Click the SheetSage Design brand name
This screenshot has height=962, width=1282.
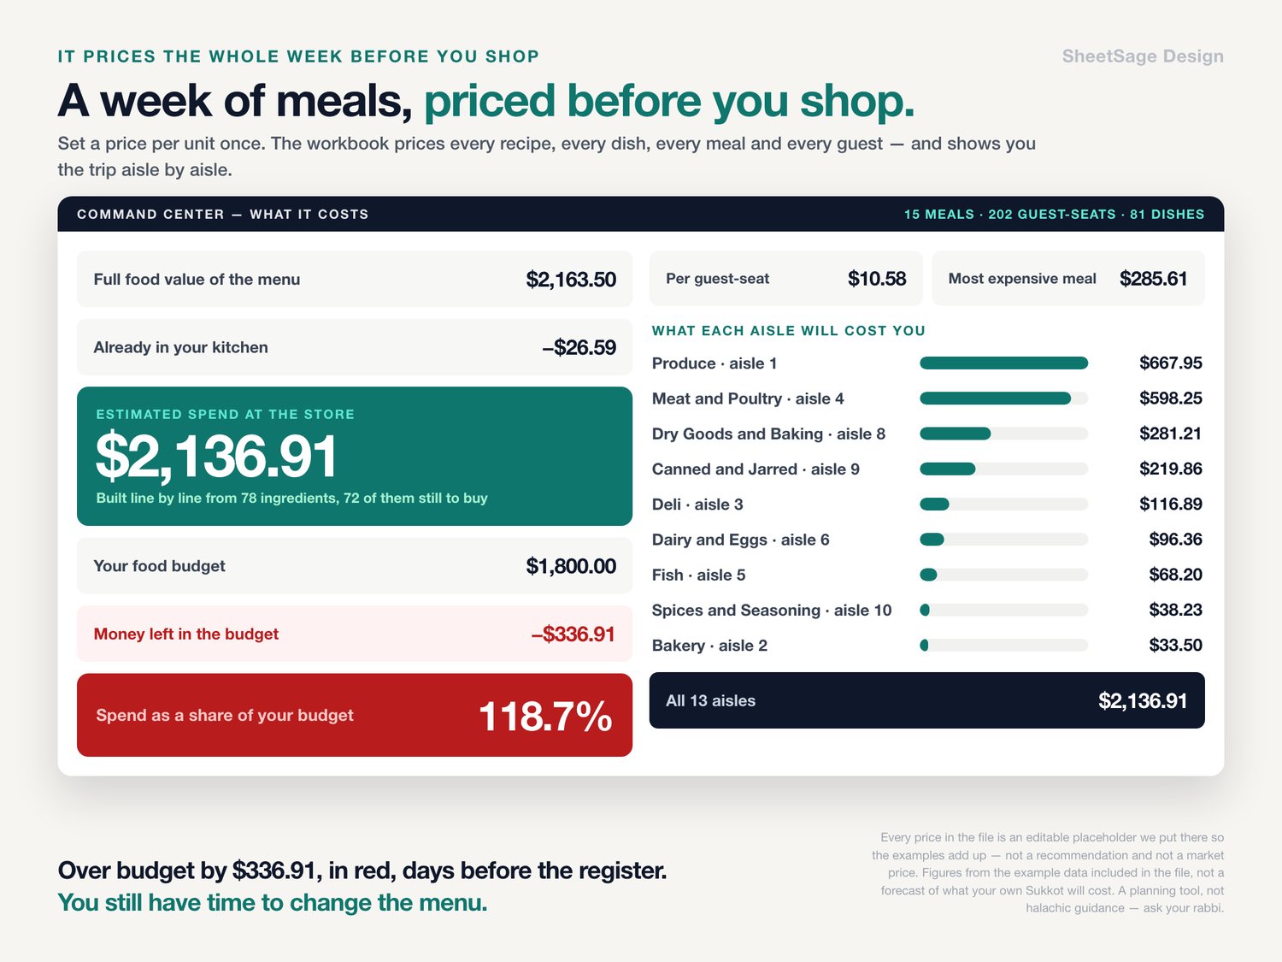tap(1143, 56)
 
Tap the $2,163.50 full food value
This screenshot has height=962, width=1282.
tap(571, 280)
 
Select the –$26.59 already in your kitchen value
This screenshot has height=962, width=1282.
tap(579, 347)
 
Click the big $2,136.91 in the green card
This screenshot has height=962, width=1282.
tap(216, 456)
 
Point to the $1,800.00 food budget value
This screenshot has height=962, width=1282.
tap(571, 566)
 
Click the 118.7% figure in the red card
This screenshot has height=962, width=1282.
tap(545, 716)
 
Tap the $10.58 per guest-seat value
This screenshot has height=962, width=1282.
tap(877, 279)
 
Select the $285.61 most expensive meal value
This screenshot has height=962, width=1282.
tap(1153, 279)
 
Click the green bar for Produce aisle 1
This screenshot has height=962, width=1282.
tap(1003, 363)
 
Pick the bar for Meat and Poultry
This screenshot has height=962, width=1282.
tap(995, 398)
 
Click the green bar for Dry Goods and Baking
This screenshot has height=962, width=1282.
tap(955, 434)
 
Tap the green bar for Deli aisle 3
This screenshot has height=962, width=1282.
tap(934, 504)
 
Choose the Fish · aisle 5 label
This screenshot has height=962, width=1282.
tap(698, 575)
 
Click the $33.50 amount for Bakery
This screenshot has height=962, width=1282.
tap(1175, 645)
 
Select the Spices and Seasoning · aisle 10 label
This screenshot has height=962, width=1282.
tap(772, 611)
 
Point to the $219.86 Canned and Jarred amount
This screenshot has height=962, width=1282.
tap(1170, 469)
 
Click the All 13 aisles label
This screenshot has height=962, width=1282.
tap(710, 700)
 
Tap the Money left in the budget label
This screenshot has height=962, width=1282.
tap(185, 634)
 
